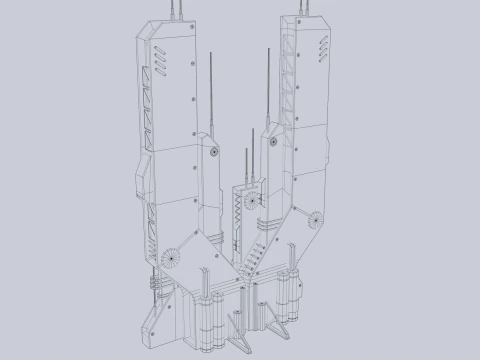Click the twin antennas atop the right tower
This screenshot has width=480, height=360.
(297, 8)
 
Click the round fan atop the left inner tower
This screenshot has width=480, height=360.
(213, 152)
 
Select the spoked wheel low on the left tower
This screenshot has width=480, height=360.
(171, 256)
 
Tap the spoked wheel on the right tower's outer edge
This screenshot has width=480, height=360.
(318, 219)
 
